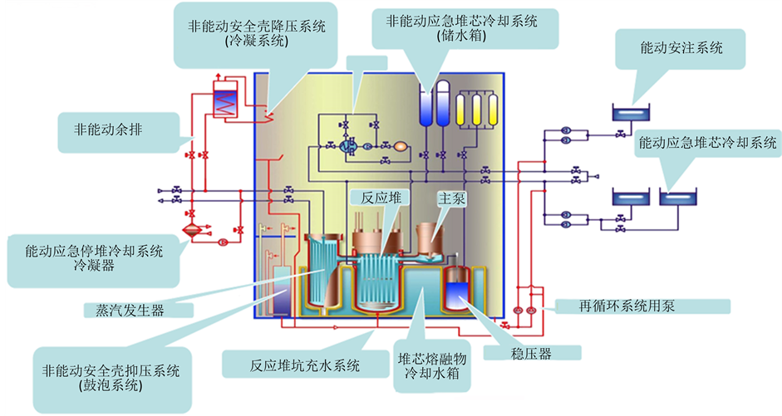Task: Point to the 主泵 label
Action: tap(452, 199)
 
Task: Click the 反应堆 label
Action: tap(381, 198)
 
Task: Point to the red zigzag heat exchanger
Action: tap(225, 103)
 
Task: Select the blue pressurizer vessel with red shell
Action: tap(459, 292)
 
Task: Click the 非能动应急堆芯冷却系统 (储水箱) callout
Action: tap(462, 27)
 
